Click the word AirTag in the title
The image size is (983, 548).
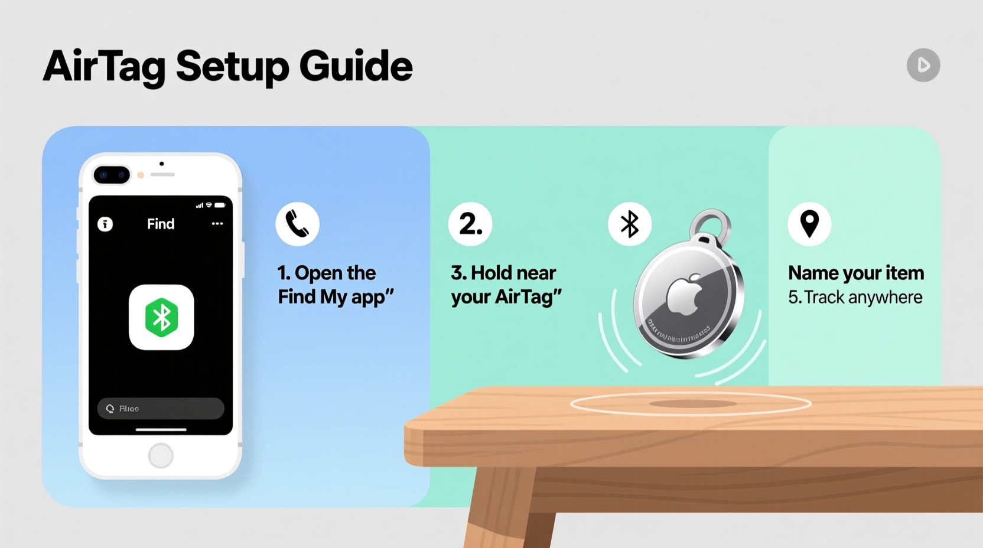coord(104,66)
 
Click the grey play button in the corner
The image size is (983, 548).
coord(923,65)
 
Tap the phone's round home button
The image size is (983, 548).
coord(161,455)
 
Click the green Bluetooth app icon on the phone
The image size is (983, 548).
coord(161,317)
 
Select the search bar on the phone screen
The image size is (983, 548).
coord(161,409)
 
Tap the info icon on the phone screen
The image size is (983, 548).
coord(105,224)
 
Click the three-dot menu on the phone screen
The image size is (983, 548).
coord(217,224)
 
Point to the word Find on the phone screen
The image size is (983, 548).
coord(161,224)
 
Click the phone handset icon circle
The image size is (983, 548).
coord(297,224)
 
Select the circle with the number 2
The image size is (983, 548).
coord(470,224)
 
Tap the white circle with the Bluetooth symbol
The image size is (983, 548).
coord(630,224)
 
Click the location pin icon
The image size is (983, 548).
coord(809,224)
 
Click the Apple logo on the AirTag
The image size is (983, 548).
coord(685,293)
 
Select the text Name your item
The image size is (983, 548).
coord(856,273)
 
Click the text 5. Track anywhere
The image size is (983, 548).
coord(855,297)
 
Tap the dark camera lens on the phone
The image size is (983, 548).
coord(112,175)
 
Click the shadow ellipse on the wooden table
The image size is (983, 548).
coord(692,404)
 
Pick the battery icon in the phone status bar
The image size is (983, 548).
coord(220,206)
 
